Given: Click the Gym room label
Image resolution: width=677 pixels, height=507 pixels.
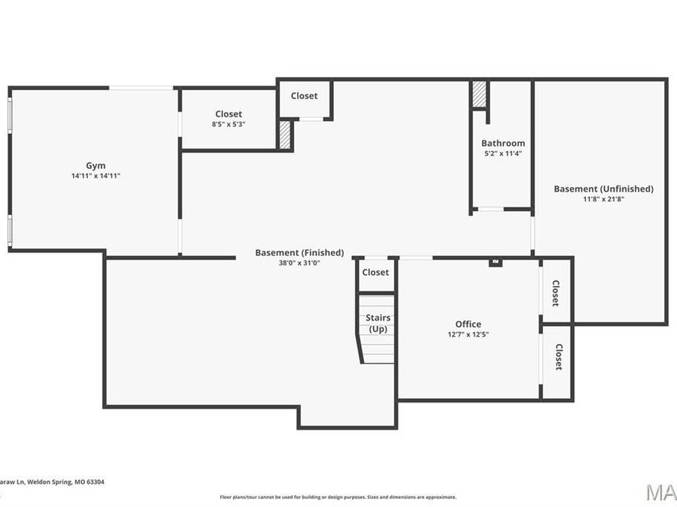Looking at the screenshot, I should [x=96, y=165].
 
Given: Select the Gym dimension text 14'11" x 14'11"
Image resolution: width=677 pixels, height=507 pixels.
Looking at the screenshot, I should [x=96, y=176].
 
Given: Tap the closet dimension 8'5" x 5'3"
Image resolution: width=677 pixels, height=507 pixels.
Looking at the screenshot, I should [x=229, y=124].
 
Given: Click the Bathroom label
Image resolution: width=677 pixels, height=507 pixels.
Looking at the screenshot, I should [x=503, y=143].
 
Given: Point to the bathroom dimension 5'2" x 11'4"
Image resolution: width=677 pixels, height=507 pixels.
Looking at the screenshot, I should [x=503, y=153].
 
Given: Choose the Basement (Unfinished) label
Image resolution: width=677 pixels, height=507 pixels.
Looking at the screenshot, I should [x=603, y=189].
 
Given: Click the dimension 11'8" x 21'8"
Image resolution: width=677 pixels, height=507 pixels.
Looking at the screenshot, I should [x=603, y=199].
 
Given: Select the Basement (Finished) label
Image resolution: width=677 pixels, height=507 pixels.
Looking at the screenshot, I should [x=299, y=252].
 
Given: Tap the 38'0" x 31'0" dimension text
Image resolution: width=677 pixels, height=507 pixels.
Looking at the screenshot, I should [x=299, y=263].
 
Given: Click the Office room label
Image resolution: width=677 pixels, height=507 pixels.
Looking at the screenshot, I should [x=468, y=324].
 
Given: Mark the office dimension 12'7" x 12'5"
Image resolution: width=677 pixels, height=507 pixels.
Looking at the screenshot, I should [x=468, y=334].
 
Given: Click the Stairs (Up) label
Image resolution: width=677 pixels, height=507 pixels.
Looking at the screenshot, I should [x=378, y=323].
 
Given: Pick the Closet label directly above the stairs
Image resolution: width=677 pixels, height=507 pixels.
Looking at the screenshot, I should [x=375, y=272].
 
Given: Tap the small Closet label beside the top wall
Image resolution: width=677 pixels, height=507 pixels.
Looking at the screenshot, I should [x=304, y=95].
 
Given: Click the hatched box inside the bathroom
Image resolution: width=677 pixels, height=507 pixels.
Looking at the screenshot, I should [x=478, y=95].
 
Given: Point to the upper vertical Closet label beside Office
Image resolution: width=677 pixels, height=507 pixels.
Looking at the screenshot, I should [x=556, y=293].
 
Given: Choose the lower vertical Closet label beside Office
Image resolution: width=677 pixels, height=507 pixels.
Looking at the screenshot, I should [x=559, y=357].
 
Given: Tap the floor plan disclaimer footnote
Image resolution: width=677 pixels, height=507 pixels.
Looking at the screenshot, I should [x=338, y=496].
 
